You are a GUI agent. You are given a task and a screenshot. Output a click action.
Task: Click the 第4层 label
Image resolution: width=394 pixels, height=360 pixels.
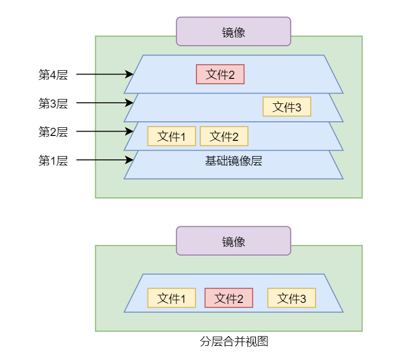(53, 75)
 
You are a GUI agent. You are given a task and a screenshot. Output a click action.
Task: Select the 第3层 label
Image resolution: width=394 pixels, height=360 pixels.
(53, 103)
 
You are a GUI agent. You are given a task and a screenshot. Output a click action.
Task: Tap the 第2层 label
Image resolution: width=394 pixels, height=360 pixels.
(53, 132)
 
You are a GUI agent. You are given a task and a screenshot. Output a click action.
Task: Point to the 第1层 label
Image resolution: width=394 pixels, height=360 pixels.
(53, 160)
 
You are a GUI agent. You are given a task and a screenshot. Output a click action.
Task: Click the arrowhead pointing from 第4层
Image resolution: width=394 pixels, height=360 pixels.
(130, 74)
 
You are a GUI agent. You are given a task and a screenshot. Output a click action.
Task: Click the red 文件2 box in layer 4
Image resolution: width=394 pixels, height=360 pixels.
(220, 75)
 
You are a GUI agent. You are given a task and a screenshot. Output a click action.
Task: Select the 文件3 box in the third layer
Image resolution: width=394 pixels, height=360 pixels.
(287, 107)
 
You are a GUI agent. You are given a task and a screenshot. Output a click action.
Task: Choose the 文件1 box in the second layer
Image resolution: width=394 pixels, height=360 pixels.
(171, 136)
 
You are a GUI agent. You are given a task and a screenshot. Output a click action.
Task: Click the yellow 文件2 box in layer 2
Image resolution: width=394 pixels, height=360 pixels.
(224, 136)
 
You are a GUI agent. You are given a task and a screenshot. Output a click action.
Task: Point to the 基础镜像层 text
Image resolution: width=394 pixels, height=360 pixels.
(233, 161)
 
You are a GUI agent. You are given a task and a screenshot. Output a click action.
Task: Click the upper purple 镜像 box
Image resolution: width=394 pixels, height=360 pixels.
(233, 32)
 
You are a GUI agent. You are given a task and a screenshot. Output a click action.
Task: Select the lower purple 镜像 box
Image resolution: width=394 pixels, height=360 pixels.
(233, 241)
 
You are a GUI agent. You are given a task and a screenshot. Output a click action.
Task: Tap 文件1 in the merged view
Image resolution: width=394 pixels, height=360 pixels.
(171, 298)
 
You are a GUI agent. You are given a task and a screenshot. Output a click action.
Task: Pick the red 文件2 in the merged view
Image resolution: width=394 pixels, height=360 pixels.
(229, 298)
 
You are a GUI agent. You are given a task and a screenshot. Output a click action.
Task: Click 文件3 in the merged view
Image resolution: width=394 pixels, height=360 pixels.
(291, 298)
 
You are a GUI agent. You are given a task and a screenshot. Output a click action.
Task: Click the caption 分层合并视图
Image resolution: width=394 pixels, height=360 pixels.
(234, 342)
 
